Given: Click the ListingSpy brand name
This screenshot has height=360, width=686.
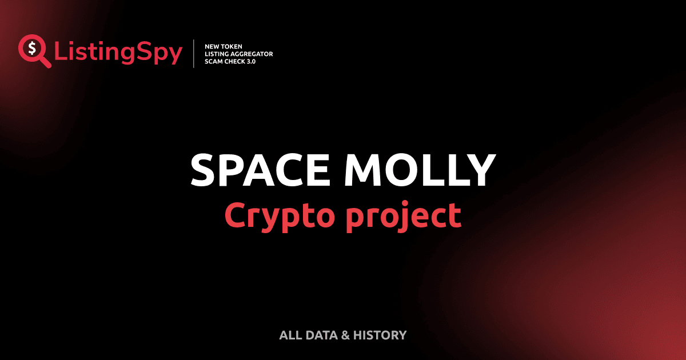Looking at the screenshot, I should [x=118, y=53].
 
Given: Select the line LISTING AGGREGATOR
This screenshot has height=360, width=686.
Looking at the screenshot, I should [x=238, y=54].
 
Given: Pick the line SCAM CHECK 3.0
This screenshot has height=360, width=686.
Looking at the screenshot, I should [x=230, y=61].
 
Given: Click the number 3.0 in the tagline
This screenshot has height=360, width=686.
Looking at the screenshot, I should [x=250, y=61].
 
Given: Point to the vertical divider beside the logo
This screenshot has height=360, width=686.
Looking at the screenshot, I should [x=195, y=54].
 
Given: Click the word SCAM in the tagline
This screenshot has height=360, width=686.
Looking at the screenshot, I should [x=213, y=61].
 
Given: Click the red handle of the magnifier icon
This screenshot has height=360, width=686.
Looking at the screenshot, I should [x=45, y=62].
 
